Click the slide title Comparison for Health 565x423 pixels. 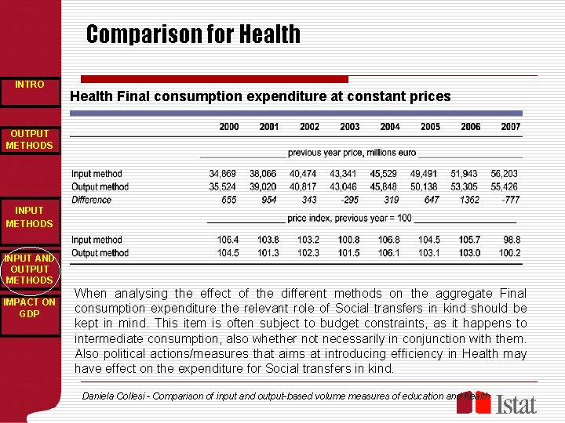[x=193, y=34]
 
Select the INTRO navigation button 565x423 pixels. [x=30, y=85]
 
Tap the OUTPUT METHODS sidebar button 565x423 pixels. [x=30, y=139]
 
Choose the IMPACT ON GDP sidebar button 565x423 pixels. [x=30, y=308]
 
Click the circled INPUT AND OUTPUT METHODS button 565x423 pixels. [x=30, y=269]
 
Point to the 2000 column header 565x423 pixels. [x=228, y=127]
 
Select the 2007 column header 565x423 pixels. [x=510, y=127]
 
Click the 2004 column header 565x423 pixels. [x=390, y=127]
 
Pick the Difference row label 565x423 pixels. [x=91, y=200]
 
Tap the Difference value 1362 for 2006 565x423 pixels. [x=470, y=200]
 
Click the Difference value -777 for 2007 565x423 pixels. [x=510, y=200]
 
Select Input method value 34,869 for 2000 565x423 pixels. [x=224, y=174]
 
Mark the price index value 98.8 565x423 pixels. [x=512, y=240]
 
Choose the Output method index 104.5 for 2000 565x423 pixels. [x=228, y=253]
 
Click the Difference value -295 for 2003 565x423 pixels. [x=349, y=200]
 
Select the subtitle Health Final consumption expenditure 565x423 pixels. [x=260, y=97]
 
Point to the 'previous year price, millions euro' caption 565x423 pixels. [x=352, y=153]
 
